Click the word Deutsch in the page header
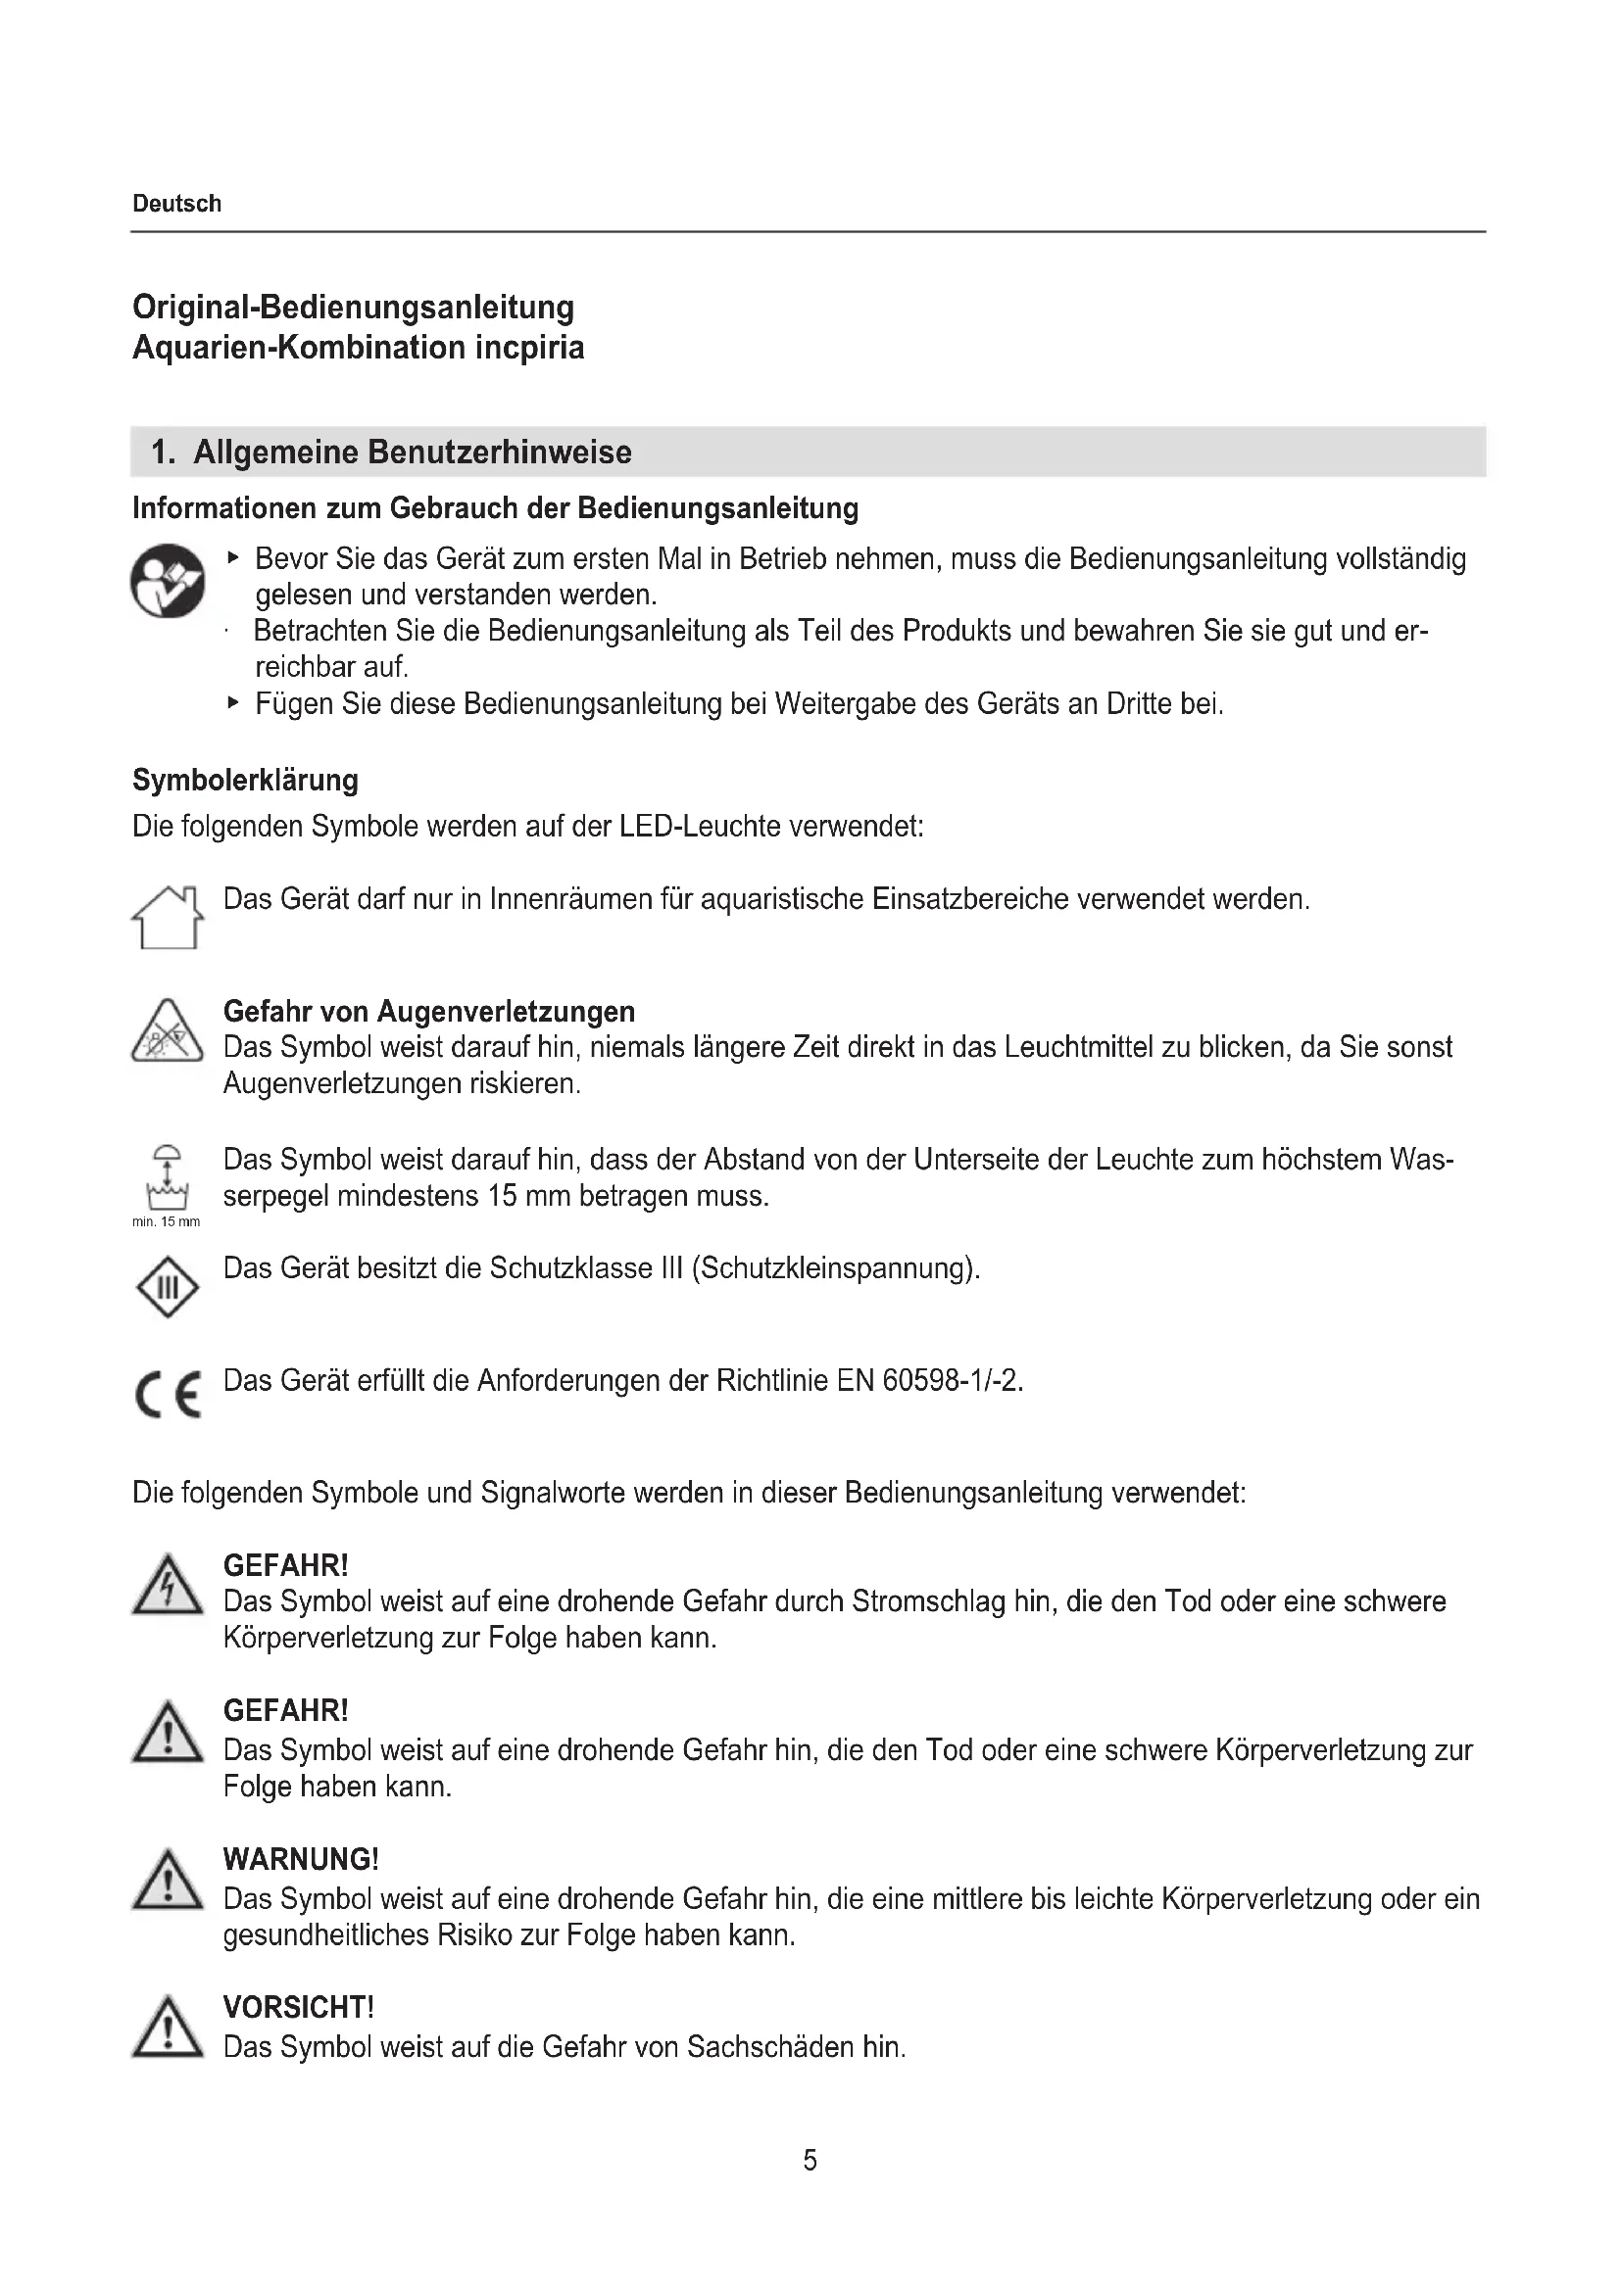pyautogui.click(x=176, y=204)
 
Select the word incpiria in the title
pyautogui.click(x=529, y=348)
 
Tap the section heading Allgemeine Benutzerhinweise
pyautogui.click(x=412, y=452)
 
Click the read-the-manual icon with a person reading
pyautogui.click(x=168, y=581)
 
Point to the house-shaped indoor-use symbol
pyautogui.click(x=168, y=917)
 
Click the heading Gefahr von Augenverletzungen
pyautogui.click(x=429, y=1012)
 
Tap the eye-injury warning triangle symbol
pyautogui.click(x=168, y=1032)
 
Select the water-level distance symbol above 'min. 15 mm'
pyautogui.click(x=168, y=1177)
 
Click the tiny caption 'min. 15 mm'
pyautogui.click(x=166, y=1222)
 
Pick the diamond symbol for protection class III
pyautogui.click(x=168, y=1287)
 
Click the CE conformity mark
pyautogui.click(x=168, y=1394)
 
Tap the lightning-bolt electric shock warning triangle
pyautogui.click(x=168, y=1587)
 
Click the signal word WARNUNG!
pyautogui.click(x=302, y=1860)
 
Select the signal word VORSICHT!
pyautogui.click(x=299, y=2008)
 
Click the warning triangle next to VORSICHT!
pyautogui.click(x=168, y=2028)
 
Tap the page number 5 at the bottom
pyautogui.click(x=810, y=2162)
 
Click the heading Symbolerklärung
pyautogui.click(x=246, y=781)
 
